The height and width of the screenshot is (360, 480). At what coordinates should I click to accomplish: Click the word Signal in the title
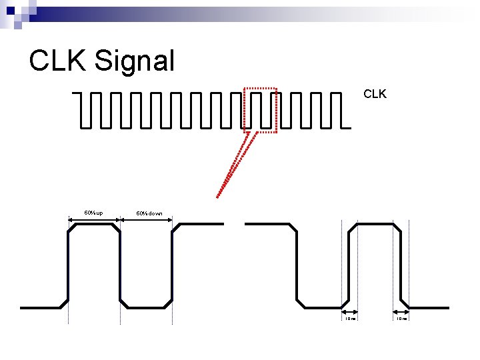(135, 61)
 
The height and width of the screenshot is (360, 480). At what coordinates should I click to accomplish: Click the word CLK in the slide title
(58, 61)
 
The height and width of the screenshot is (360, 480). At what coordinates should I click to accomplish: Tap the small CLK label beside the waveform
(375, 95)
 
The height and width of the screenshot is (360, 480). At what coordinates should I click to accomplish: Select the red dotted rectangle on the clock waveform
(259, 88)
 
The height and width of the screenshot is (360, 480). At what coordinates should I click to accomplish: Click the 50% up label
(93, 213)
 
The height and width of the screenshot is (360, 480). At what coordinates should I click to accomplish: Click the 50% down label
(149, 213)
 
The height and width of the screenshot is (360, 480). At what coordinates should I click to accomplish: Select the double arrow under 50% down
(147, 219)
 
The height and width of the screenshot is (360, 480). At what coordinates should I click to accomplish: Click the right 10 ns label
(401, 319)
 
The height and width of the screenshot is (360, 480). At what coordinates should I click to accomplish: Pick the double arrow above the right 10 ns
(400, 311)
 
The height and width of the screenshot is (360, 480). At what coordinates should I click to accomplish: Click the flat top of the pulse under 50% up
(95, 224)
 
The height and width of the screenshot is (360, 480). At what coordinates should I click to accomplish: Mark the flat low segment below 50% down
(147, 307)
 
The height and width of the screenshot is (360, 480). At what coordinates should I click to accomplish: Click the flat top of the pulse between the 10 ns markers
(377, 224)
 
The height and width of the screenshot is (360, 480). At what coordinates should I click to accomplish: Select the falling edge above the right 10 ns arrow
(401, 267)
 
